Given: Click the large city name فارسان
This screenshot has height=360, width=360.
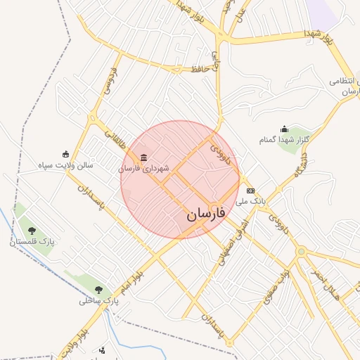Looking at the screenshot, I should [206, 214].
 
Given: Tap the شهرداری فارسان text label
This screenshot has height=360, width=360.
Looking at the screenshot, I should [140, 168].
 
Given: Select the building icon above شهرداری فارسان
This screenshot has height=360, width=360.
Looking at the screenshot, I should [144, 157].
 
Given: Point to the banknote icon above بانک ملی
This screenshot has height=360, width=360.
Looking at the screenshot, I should [250, 191].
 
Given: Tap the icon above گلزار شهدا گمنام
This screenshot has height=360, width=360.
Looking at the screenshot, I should [284, 129].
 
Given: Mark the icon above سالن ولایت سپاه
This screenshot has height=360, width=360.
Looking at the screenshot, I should [66, 155].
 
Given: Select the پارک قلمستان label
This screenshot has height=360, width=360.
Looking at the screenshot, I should [32, 241].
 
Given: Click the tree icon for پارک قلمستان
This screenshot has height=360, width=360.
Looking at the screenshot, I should [31, 230].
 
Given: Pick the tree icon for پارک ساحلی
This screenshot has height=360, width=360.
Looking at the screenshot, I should [98, 289].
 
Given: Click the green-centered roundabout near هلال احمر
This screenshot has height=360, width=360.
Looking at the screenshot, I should [301, 251].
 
